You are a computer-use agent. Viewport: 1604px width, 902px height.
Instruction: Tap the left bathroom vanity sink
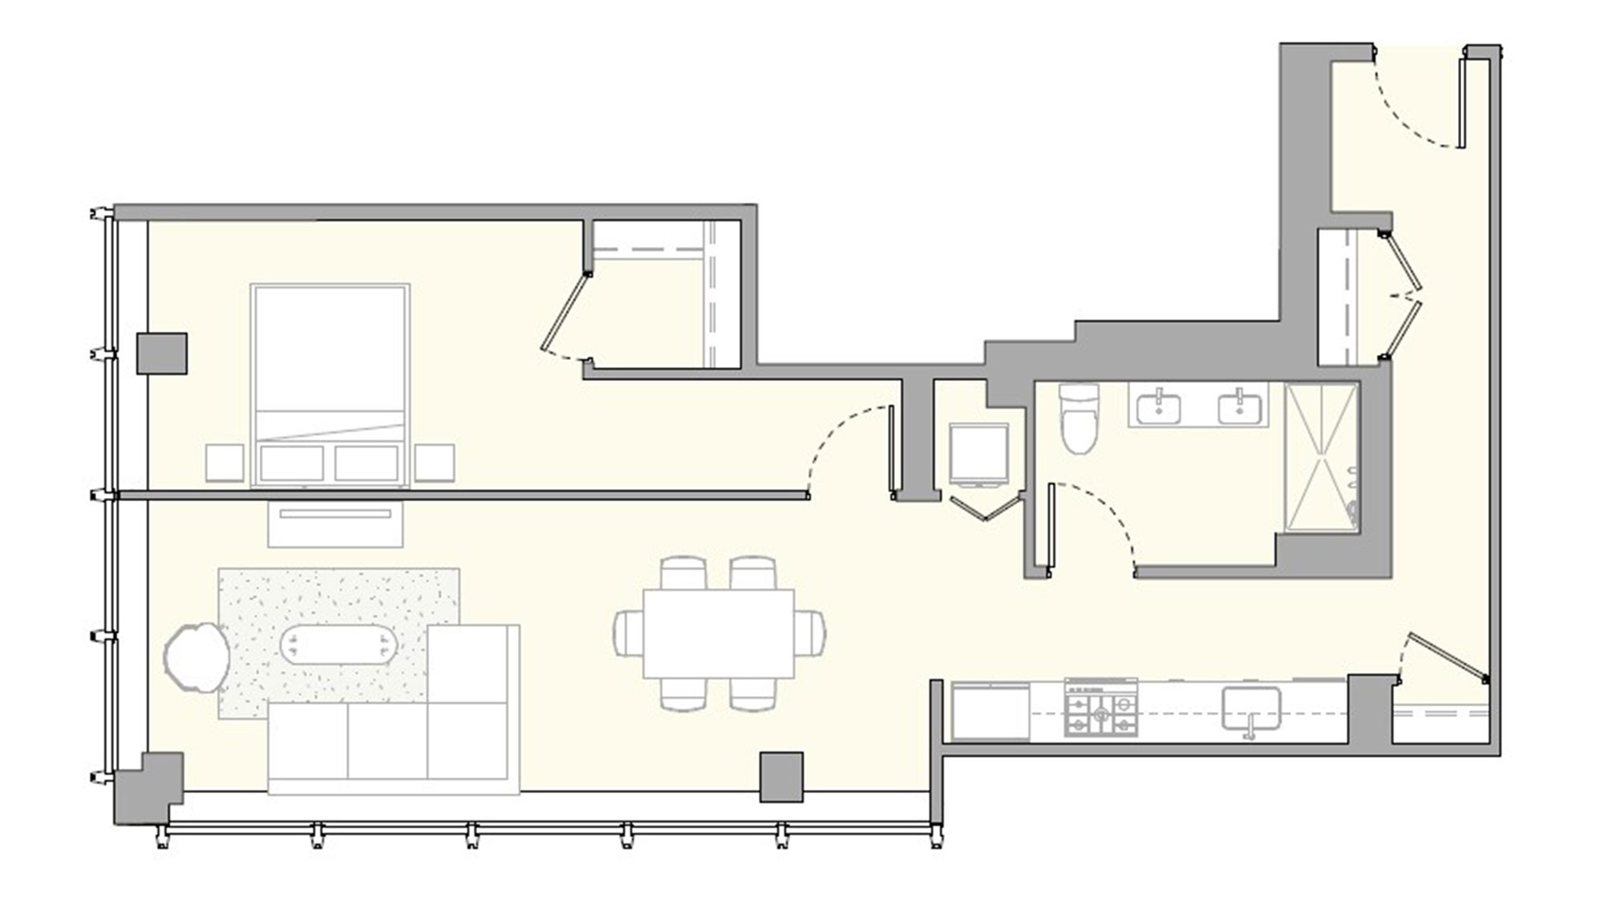pyautogui.click(x=1158, y=407)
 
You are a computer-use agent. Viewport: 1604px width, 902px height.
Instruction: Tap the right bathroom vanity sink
pyautogui.click(x=1239, y=407)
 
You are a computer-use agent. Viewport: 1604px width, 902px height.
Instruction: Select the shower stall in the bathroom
pyautogui.click(x=1321, y=457)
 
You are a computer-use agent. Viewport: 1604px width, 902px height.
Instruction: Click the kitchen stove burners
pyautogui.click(x=1100, y=707)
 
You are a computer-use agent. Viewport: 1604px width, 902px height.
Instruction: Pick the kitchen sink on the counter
pyautogui.click(x=1250, y=709)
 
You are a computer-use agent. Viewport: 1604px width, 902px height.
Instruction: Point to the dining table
pyautogui.click(x=718, y=633)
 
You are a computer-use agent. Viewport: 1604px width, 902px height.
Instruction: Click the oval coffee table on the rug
pyautogui.click(x=338, y=644)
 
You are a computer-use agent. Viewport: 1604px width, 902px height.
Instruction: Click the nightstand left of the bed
pyautogui.click(x=225, y=463)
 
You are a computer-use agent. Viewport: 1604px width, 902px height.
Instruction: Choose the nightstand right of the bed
pyautogui.click(x=435, y=463)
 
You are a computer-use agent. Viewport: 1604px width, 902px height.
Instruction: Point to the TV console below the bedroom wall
pyautogui.click(x=335, y=524)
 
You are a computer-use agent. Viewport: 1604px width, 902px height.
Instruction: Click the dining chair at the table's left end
pyautogui.click(x=629, y=633)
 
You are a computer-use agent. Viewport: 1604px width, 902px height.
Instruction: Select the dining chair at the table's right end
pyautogui.click(x=810, y=633)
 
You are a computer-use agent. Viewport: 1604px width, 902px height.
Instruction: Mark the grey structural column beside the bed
pyautogui.click(x=161, y=354)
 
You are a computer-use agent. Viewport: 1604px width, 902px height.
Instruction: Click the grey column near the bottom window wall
pyautogui.click(x=781, y=776)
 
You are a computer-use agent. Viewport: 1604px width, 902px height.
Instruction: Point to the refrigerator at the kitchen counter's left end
pyautogui.click(x=990, y=711)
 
